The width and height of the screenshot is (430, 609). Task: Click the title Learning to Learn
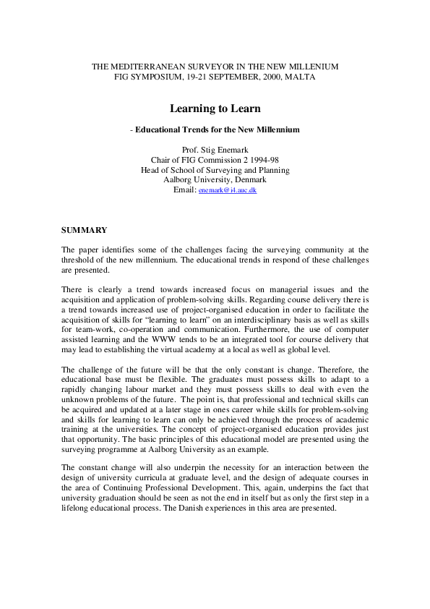pyautogui.click(x=215, y=108)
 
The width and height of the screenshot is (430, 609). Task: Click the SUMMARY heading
pyautogui.click(x=84, y=230)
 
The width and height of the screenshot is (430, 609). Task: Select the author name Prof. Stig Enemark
pyautogui.click(x=215, y=150)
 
